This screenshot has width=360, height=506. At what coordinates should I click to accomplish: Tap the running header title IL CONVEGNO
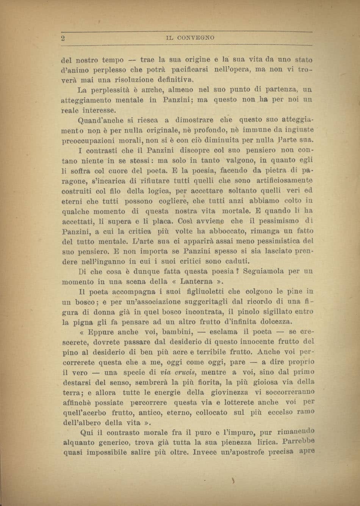coord(190,38)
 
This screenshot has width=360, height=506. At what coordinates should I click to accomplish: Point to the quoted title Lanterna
coord(196,282)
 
